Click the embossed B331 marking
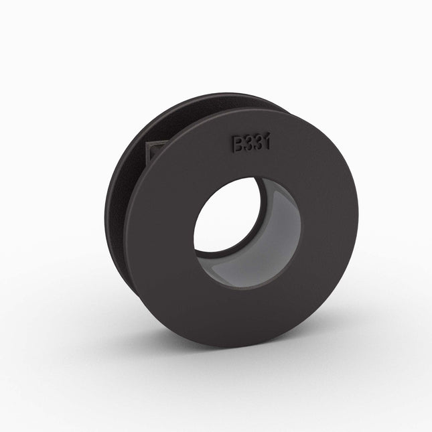[x=251, y=143]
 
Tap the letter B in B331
[x=238, y=143]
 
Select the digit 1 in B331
[x=267, y=142]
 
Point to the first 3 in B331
[x=248, y=143]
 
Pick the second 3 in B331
[x=258, y=143]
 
